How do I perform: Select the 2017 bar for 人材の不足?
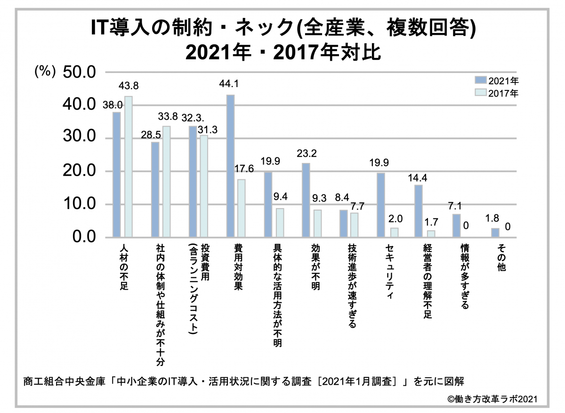pyautogui.click(x=128, y=167)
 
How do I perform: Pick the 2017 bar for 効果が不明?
pyautogui.click(x=317, y=223)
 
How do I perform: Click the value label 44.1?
pyautogui.click(x=229, y=84)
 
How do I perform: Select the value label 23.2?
pyautogui.click(x=306, y=153)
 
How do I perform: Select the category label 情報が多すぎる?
pyautogui.click(x=465, y=276)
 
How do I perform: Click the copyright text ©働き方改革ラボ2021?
pyautogui.click(x=492, y=398)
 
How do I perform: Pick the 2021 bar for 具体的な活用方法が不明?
pyautogui.click(x=268, y=205)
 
